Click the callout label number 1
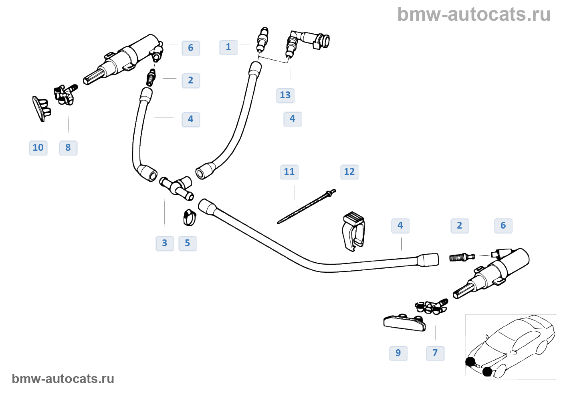(x=228, y=47)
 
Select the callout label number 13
(x=285, y=95)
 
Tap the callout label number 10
(x=38, y=148)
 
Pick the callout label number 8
(x=68, y=148)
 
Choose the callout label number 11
(x=289, y=172)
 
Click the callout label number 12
(x=349, y=172)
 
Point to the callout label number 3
(x=165, y=243)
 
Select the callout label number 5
(x=188, y=243)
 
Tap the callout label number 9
(x=398, y=353)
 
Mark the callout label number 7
(x=435, y=353)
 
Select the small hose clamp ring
(x=190, y=217)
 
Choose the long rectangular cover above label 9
(x=405, y=322)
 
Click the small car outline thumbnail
(x=511, y=346)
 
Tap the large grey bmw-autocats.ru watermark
(x=474, y=14)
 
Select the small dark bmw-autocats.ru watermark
(x=63, y=379)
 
